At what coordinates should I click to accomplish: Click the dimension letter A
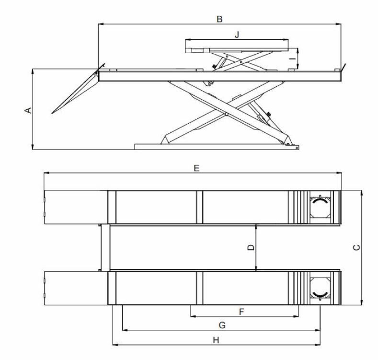(28, 110)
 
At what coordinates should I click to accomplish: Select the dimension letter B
(219, 19)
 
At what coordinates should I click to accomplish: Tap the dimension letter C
(355, 247)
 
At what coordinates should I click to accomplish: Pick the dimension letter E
(196, 168)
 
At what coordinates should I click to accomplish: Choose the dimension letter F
(241, 312)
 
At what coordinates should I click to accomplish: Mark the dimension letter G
(222, 325)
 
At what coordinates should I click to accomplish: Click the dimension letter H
(216, 340)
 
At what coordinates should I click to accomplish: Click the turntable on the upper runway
(319, 207)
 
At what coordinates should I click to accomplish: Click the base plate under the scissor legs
(216, 146)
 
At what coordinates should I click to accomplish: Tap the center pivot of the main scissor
(226, 114)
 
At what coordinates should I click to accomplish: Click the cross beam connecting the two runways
(104, 247)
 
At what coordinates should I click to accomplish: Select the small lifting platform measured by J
(237, 46)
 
